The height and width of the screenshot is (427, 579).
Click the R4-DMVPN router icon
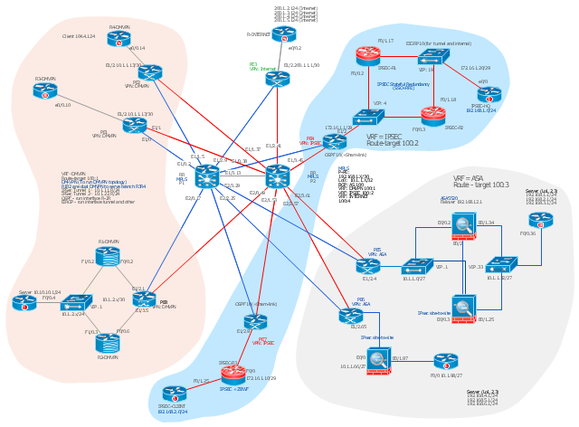pos(119,39)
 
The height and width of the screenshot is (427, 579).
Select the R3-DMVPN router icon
pos(45,90)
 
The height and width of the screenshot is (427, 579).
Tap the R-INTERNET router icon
pos(284,34)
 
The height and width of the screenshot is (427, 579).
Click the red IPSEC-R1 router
pos(367,56)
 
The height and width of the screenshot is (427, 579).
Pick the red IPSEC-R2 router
pos(432,115)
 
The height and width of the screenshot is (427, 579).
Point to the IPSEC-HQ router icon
pos(489,94)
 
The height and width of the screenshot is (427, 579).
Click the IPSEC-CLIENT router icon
pos(174,394)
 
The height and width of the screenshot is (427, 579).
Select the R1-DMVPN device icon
pos(108,257)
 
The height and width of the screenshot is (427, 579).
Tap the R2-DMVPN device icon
pos(108,342)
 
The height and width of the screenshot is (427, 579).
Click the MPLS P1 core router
pos(206,176)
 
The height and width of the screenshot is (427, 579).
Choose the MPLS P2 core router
pos(278,176)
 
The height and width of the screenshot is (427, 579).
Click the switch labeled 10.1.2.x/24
pos(76,302)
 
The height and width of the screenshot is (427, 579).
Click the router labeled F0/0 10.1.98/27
pos(445,361)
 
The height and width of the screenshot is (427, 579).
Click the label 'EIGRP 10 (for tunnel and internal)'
pos(438,43)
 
